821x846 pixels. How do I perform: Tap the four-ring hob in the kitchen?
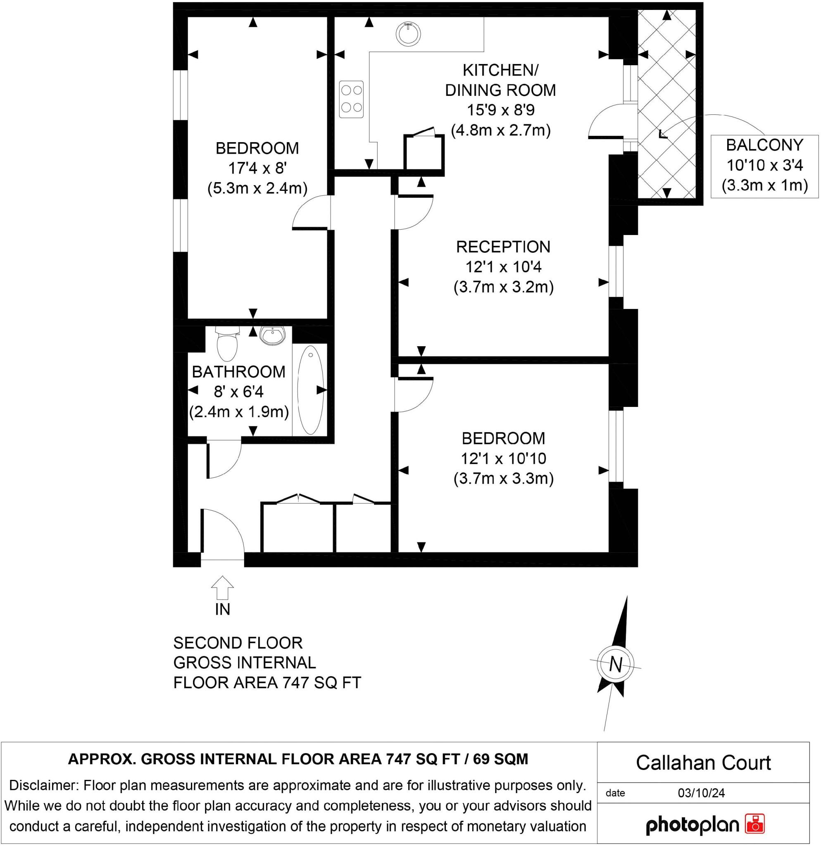(351, 99)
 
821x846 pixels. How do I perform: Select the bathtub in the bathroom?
(310, 390)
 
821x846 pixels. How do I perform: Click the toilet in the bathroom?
(227, 344)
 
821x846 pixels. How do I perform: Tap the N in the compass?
(616, 664)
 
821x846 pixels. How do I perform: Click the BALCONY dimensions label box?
(764, 166)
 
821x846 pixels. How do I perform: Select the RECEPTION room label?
(503, 247)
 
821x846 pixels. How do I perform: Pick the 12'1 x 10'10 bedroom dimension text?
(503, 459)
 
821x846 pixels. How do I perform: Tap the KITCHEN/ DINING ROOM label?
(500, 80)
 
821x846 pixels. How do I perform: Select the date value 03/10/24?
(701, 792)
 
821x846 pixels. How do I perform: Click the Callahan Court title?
(703, 763)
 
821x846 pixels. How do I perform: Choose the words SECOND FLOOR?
(238, 643)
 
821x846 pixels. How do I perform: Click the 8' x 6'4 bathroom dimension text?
(239, 392)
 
